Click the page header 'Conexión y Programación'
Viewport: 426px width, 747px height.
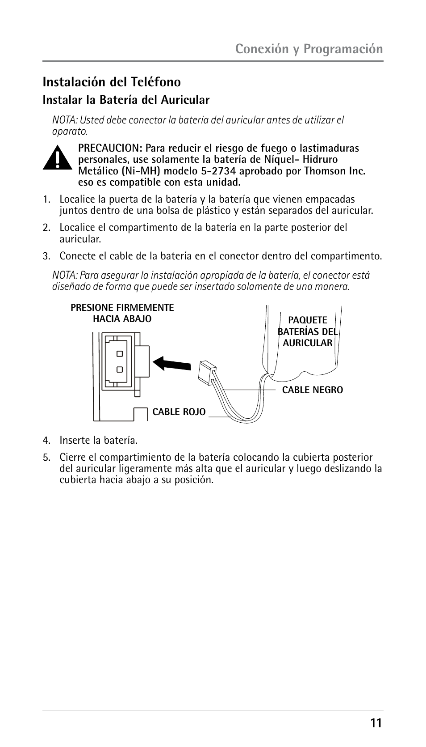[x=309, y=49]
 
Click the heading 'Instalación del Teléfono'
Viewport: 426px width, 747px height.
[x=112, y=82]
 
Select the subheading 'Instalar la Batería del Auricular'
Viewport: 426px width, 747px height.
[x=126, y=100]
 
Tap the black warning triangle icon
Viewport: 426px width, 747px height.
[x=57, y=157]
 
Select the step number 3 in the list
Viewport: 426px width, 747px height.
[x=46, y=256]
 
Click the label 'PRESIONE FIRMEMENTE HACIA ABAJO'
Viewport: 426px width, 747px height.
[x=122, y=313]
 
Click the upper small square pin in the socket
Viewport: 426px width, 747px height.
[x=119, y=353]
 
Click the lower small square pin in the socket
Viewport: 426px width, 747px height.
[x=119, y=369]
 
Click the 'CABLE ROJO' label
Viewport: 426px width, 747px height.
[x=179, y=412]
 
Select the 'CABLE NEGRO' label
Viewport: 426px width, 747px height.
[x=313, y=390]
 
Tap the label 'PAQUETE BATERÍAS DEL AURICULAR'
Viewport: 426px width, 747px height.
[x=307, y=331]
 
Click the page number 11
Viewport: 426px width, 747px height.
[x=376, y=723]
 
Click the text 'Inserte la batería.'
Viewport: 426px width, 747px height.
[x=99, y=441]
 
